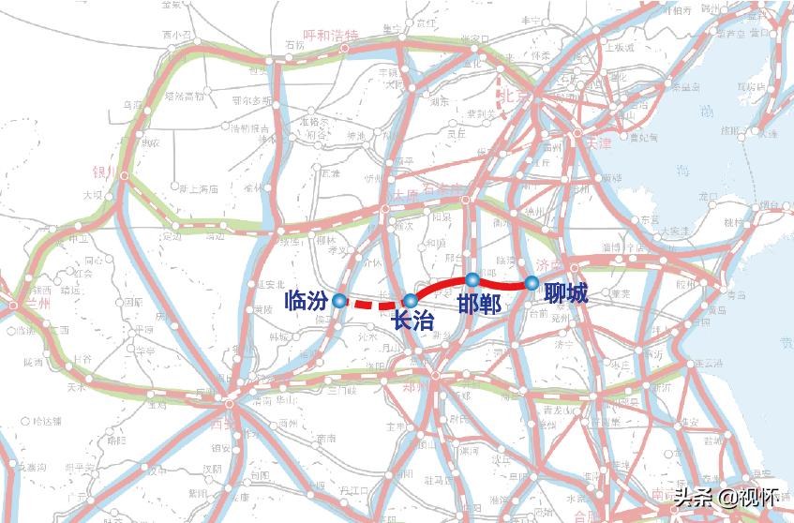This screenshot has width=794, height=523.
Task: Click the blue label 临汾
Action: pos(307,302)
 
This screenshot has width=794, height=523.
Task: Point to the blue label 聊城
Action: pos(565,294)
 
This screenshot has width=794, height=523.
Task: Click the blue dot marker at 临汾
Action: pos(338,301)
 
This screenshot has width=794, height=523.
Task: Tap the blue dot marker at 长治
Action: pos(411,300)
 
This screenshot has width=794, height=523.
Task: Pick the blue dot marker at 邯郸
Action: pos(472,279)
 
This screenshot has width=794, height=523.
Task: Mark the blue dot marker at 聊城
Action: pos(532,282)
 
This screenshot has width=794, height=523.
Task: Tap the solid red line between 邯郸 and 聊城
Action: pos(502,283)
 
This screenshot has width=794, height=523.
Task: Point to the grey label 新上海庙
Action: pos(199,188)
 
